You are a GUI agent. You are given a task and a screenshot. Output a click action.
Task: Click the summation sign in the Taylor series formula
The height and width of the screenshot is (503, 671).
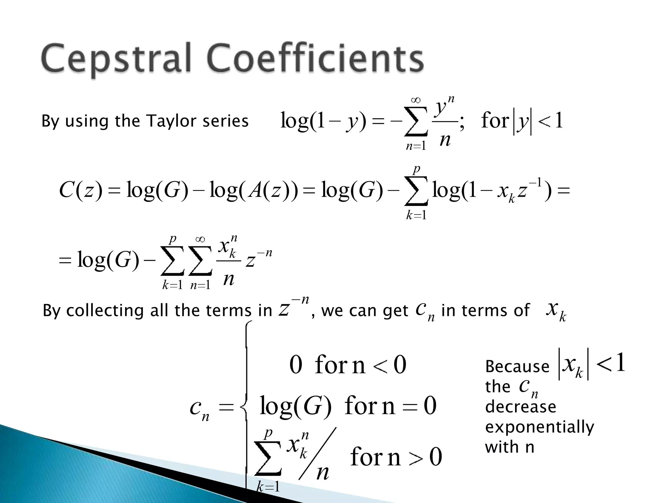tap(416, 121)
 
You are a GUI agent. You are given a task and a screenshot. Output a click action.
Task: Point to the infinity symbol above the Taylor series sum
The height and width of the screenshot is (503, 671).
tap(416, 100)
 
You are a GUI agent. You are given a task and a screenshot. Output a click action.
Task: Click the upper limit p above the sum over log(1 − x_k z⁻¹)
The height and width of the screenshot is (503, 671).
tap(416, 170)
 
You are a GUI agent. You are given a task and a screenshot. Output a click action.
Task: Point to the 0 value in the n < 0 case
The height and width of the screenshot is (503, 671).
tap(296, 365)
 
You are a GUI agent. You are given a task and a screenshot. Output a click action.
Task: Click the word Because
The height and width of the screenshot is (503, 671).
tap(517, 366)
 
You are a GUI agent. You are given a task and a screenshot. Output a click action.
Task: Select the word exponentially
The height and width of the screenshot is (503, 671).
tap(539, 427)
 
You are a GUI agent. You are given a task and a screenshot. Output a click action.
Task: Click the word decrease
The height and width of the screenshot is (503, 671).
tap(520, 407)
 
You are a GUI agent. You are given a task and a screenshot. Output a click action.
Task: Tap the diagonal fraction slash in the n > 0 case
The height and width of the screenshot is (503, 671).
tap(317, 454)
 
